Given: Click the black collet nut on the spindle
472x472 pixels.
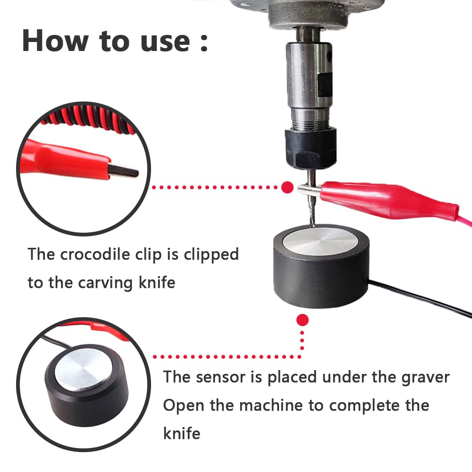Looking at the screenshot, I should [307, 147].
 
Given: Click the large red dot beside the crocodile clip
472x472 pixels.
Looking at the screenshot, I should [287, 187].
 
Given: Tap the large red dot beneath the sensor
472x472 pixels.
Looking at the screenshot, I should [302, 320].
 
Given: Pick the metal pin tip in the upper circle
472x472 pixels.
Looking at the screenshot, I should [123, 170].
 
